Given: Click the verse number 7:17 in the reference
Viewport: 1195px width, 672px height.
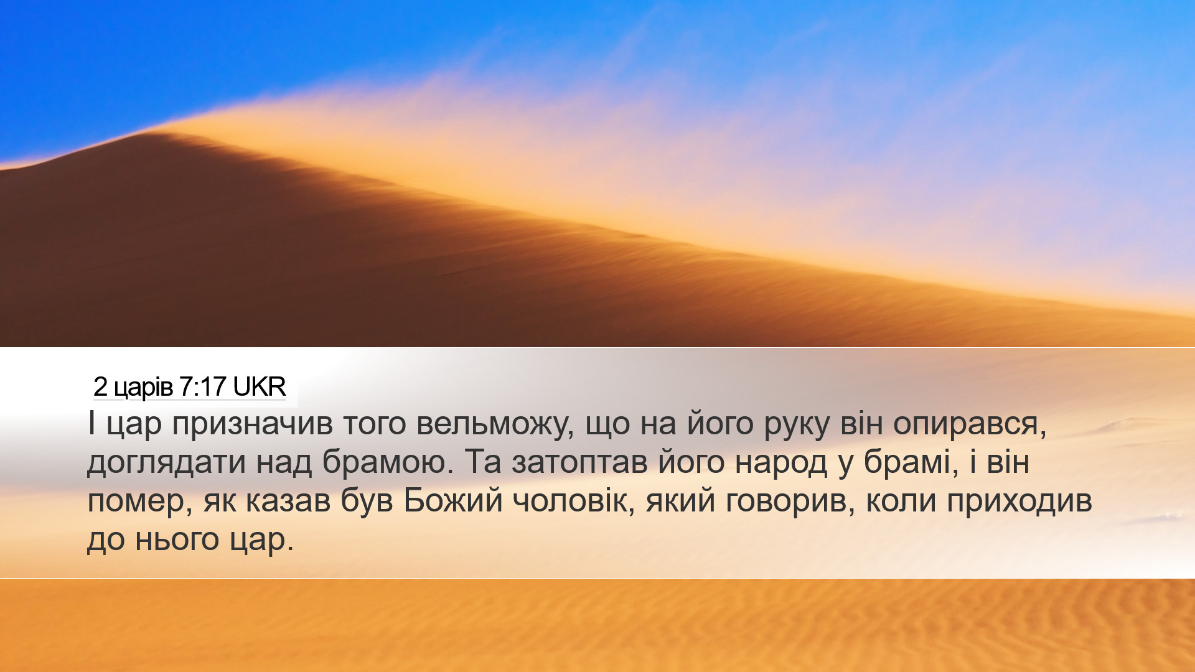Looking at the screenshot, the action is (202, 387).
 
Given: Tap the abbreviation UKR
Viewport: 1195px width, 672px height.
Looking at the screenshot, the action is (260, 387).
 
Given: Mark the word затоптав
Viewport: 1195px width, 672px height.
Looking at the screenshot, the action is (580, 463).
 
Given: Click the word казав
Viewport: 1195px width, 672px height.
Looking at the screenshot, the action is (288, 502).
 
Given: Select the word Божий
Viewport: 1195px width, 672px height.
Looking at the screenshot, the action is (453, 502).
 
